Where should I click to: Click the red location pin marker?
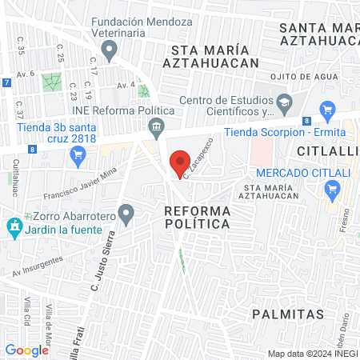[181, 163]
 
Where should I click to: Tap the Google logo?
[27, 350]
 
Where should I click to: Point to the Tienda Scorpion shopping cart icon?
[326, 111]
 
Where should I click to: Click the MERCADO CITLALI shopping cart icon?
[332, 190]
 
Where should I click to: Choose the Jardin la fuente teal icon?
[13, 227]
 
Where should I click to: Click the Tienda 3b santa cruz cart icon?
[78, 155]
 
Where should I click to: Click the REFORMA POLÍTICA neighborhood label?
[197, 217]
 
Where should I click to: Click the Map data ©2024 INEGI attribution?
[311, 353]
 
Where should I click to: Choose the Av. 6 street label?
[26, 74]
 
